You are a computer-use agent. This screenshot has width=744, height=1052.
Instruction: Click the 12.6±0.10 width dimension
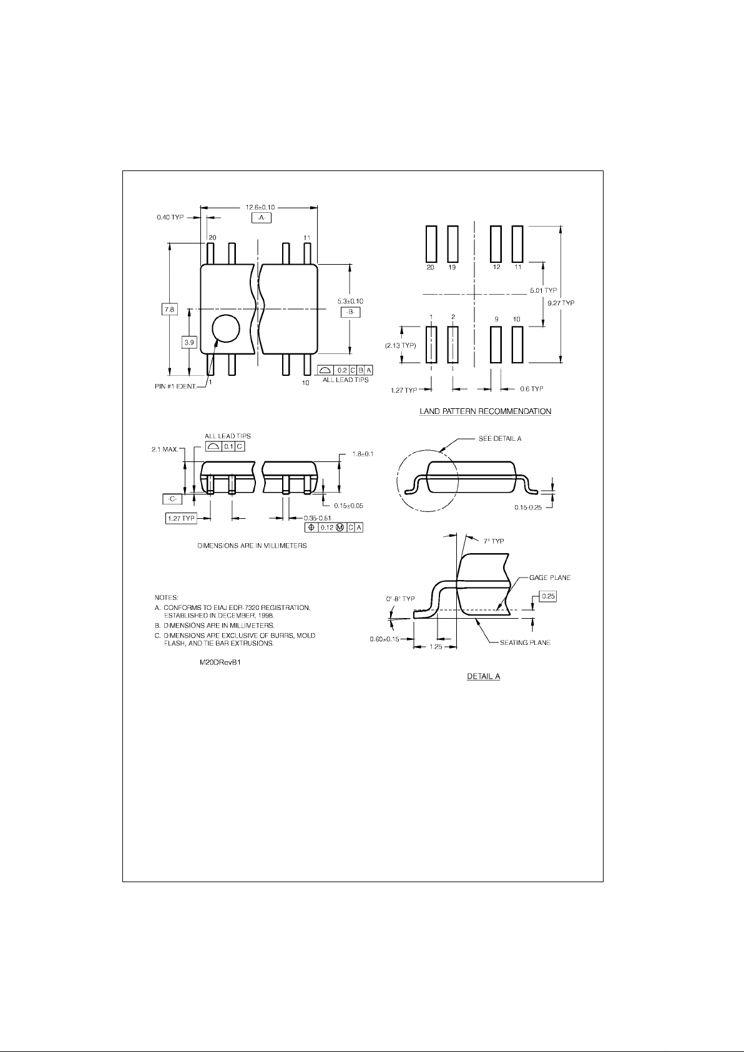[260, 207]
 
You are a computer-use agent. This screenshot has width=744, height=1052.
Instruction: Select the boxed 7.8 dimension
[169, 309]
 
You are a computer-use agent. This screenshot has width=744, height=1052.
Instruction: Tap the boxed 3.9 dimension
[189, 342]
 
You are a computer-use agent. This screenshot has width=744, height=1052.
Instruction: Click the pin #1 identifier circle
[226, 328]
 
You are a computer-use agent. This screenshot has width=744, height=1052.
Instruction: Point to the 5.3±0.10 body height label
[350, 301]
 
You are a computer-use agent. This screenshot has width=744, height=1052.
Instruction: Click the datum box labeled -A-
[262, 218]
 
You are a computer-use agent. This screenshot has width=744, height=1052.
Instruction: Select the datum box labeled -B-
[350, 312]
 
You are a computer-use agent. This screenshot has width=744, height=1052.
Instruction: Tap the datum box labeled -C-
[172, 499]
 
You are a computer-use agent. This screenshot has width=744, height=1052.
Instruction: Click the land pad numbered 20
[431, 243]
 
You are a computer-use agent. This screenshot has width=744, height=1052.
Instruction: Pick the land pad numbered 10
[517, 345]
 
